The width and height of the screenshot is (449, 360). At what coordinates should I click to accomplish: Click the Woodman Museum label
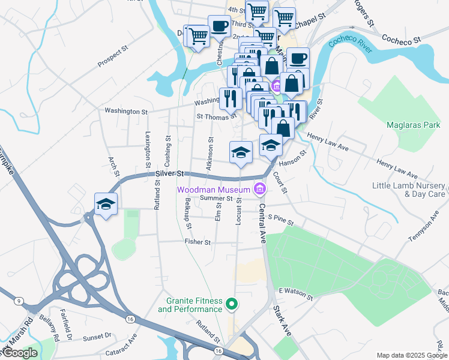coord(212,189)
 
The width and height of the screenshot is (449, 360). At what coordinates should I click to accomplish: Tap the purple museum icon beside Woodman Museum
coord(259,189)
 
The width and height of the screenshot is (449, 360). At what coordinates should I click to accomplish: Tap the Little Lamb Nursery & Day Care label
coord(409,190)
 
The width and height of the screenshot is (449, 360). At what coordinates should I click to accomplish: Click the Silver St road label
coord(169,173)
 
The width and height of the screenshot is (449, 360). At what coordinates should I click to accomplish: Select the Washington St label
coord(126,111)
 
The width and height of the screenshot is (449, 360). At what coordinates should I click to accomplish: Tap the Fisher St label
coord(198,242)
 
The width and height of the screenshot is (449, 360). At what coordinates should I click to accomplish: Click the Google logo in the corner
coord(20,353)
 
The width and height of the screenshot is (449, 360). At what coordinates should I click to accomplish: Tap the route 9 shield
coord(19,300)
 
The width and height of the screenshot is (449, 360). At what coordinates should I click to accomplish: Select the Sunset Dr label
coord(97,338)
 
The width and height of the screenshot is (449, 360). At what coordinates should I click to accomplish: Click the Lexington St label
coord(147,147)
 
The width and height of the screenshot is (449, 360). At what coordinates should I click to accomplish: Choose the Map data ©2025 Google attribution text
coord(411,355)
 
